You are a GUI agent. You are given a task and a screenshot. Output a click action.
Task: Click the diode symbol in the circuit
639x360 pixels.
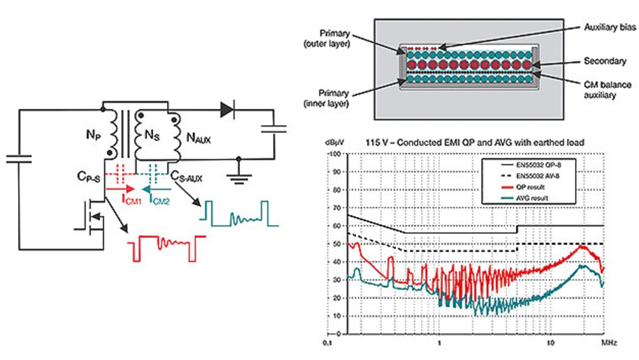click(x=227, y=110)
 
